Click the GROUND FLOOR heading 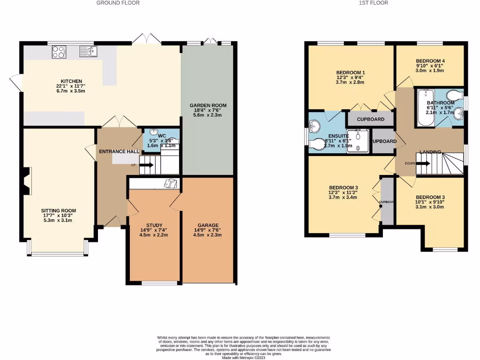(118, 3)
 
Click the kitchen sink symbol (88, 50)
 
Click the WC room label (162, 135)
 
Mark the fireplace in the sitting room (26, 181)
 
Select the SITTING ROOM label (59, 211)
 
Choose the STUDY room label (154, 225)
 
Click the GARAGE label (208, 225)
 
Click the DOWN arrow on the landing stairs (423, 163)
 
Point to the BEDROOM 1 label (350, 72)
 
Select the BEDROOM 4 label (430, 61)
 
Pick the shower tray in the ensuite (360, 141)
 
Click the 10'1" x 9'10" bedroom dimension (430, 202)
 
